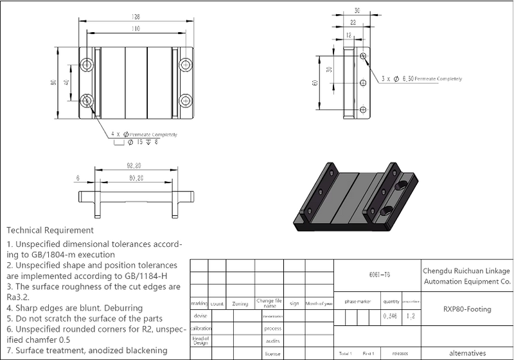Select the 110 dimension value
click(x=136, y=30)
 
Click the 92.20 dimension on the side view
click(x=135, y=166)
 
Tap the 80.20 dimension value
click(x=135, y=178)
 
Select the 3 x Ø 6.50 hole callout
click(x=421, y=78)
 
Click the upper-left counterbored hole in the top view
click(x=87, y=64)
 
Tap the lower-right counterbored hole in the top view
click(x=186, y=100)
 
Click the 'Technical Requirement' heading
click(x=51, y=230)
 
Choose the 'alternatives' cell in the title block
click(x=467, y=353)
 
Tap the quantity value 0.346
click(x=389, y=316)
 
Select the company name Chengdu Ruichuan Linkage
click(x=467, y=270)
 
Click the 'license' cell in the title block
click(x=272, y=354)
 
